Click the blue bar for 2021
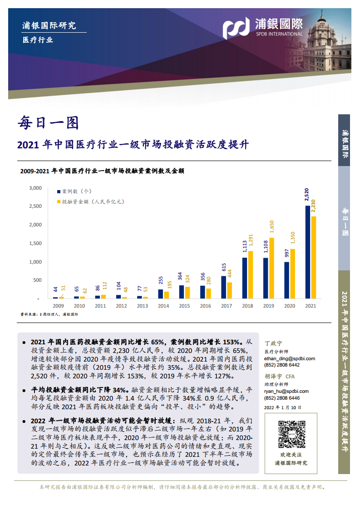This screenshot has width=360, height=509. tap(307, 252)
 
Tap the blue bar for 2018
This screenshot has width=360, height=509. tap(245, 278)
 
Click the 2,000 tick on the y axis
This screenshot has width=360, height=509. tap(35, 225)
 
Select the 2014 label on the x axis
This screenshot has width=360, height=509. tap(163, 306)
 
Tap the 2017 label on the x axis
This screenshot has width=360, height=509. tap(227, 306)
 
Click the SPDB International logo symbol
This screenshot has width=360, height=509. tap(236, 28)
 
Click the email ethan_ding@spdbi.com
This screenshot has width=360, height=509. tap(289, 358)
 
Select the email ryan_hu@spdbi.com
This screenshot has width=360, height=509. tap(286, 391)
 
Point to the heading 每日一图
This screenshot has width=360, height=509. tap(48, 122)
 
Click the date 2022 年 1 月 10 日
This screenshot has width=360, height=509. tap(282, 407)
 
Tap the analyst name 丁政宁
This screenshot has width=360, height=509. tap(273, 343)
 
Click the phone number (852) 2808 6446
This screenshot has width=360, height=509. tap(281, 398)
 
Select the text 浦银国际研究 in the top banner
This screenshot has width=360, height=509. tap(49, 25)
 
